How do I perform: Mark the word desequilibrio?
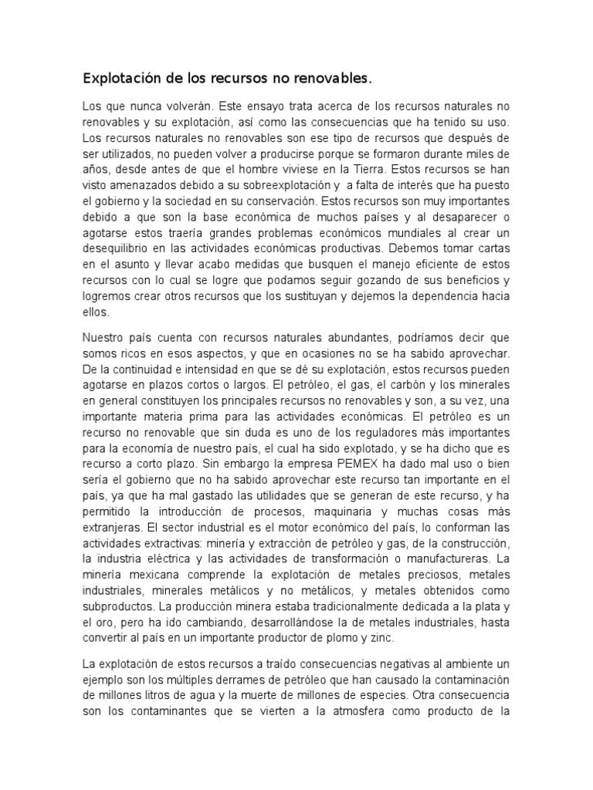[120, 248]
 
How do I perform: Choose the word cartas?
[492, 248]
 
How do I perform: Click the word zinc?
[382, 639]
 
